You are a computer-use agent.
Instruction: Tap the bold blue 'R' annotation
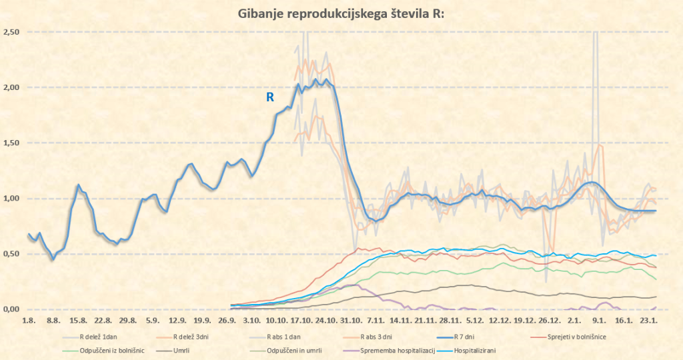tap(270, 97)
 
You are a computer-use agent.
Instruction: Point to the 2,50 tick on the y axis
tap(11, 32)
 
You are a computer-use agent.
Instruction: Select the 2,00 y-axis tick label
tap(11, 87)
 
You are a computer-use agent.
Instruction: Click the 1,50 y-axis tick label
tap(11, 143)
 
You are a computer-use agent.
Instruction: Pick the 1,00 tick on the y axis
tap(11, 199)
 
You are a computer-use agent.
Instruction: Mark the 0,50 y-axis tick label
tap(11, 254)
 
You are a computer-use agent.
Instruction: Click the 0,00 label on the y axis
tap(11, 309)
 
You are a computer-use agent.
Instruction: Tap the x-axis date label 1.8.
tap(28, 321)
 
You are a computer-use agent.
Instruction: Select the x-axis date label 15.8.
tap(75, 321)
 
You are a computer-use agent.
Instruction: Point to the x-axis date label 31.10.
tap(349, 321)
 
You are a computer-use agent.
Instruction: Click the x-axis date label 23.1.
tap(650, 321)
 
